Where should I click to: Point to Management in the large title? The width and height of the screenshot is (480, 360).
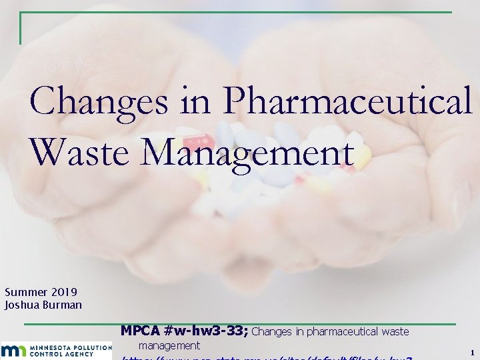pyautogui.click(x=247, y=153)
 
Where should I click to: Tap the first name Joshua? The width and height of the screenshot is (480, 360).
pyautogui.click(x=23, y=305)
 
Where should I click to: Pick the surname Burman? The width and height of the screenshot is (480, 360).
pyautogui.click(x=63, y=305)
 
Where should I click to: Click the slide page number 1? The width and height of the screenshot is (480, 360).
pyautogui.click(x=471, y=352)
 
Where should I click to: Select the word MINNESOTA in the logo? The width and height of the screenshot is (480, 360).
pyautogui.click(x=46, y=347)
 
